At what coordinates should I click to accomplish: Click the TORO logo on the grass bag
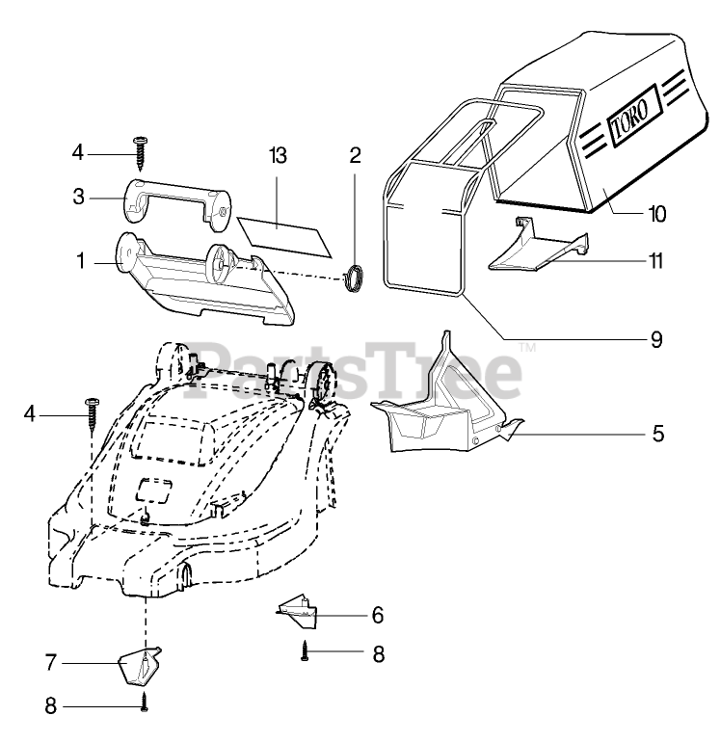point(632,114)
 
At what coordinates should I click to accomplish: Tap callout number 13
point(279,156)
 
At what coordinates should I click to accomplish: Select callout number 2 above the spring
point(356,156)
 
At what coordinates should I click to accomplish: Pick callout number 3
point(80,197)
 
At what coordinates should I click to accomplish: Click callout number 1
point(80,260)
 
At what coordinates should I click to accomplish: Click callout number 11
point(656,260)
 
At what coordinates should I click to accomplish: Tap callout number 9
point(656,339)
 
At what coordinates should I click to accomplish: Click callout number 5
point(656,433)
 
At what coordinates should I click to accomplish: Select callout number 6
point(377,614)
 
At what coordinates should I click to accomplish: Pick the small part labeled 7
point(140,664)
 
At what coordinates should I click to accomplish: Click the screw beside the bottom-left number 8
point(145,704)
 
